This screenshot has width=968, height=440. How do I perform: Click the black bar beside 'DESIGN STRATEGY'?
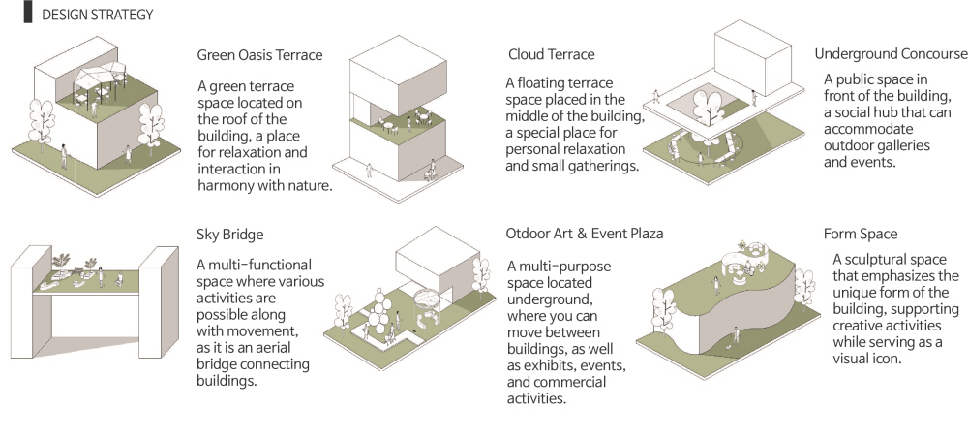27,15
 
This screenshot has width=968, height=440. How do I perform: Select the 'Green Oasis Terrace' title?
259,54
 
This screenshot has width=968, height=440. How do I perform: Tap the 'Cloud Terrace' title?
551,54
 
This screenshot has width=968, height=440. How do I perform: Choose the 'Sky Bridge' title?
229,235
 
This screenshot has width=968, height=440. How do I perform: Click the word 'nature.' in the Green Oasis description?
304,185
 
